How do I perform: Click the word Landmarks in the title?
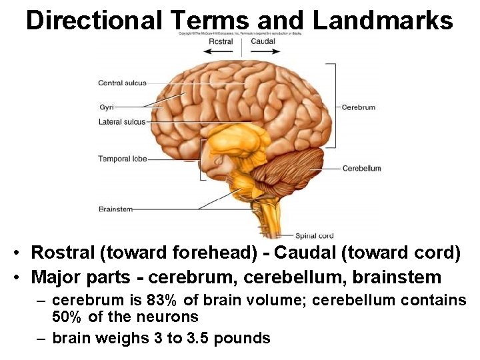click(x=383, y=20)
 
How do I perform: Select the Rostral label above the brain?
click(x=220, y=41)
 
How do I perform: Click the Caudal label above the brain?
click(x=263, y=41)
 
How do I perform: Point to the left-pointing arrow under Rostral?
click(x=221, y=51)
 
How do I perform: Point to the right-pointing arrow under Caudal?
click(x=263, y=51)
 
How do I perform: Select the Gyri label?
click(x=107, y=107)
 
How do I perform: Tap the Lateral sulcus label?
click(x=121, y=122)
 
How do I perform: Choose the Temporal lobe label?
click(x=123, y=159)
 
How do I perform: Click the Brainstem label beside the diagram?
click(x=115, y=209)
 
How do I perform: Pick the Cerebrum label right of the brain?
click(x=359, y=107)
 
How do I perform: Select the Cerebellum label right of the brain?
click(x=362, y=169)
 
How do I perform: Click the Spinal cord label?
click(x=315, y=235)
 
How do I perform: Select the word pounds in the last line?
click(x=243, y=338)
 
